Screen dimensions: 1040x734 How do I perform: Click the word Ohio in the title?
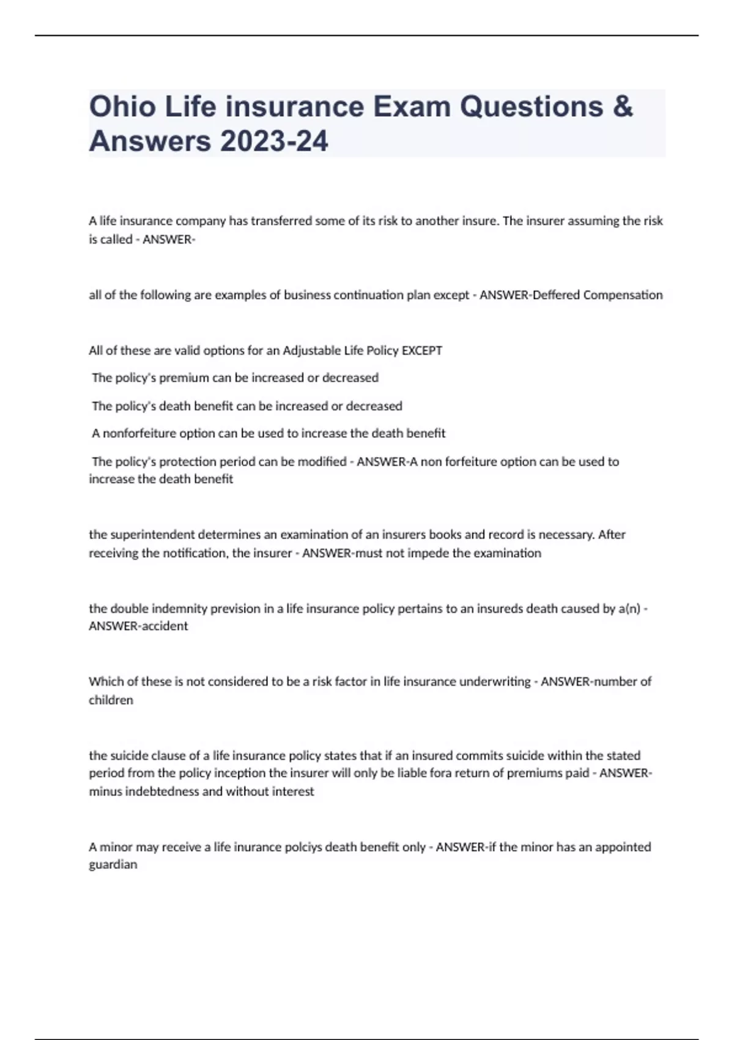[x=122, y=106]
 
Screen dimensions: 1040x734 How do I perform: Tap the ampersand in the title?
[x=621, y=106]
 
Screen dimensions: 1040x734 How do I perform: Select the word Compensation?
[x=623, y=295]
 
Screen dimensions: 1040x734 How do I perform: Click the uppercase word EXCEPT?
[x=421, y=351]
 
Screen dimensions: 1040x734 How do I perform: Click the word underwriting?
[x=495, y=682]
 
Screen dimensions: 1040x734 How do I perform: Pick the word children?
[x=111, y=700]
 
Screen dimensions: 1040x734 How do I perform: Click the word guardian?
[x=113, y=864]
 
